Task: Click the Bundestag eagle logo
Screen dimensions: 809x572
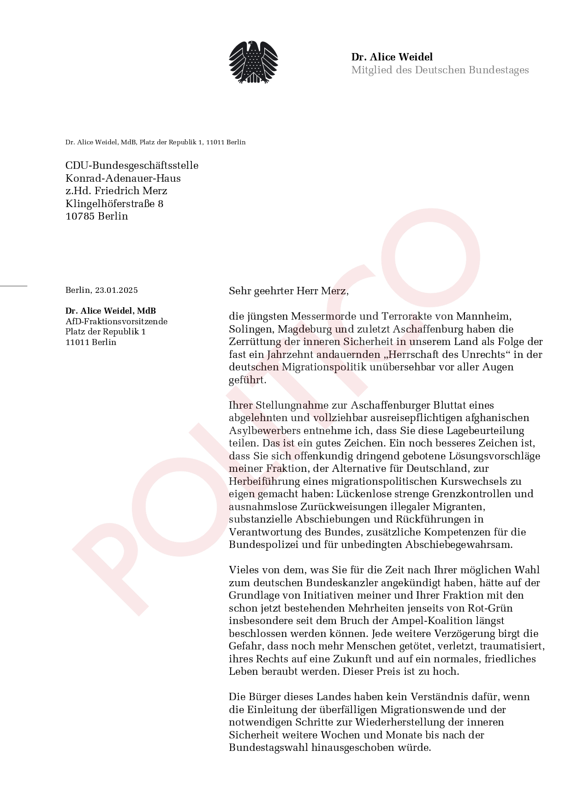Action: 253,63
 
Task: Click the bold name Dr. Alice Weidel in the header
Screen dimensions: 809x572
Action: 392,57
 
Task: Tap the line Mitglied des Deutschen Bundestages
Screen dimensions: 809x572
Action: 440,70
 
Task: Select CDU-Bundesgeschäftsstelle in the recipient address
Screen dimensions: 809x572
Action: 132,166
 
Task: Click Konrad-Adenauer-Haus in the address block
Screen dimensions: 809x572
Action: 123,178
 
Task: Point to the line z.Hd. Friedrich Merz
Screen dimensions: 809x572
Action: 116,191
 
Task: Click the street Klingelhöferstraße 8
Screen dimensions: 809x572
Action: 114,204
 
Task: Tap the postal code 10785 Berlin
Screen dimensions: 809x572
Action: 97,216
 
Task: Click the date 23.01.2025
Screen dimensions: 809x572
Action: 116,290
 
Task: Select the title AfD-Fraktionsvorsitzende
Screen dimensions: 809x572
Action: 116,321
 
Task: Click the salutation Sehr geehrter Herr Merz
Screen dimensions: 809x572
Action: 288,291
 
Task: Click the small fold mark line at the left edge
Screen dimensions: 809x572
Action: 13,286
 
